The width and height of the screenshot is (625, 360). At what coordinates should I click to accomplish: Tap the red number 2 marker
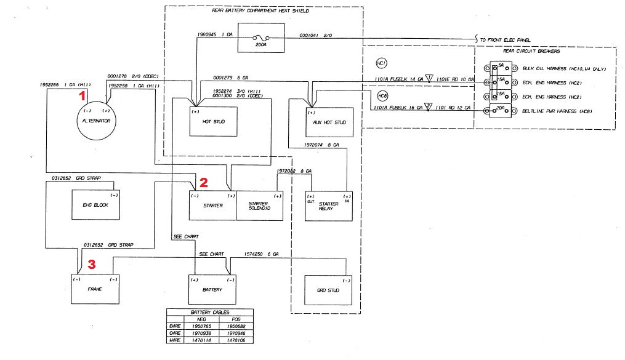tap(203, 182)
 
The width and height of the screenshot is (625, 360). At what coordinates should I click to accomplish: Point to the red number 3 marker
tap(91, 265)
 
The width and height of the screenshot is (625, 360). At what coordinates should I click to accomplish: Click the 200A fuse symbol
tap(260, 39)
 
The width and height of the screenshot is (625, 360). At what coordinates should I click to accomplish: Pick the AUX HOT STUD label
tap(329, 122)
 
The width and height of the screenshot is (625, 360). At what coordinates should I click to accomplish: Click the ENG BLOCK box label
tap(95, 205)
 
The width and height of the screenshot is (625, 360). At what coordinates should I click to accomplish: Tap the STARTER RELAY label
tap(329, 206)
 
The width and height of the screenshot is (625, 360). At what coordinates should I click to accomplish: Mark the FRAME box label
tap(94, 289)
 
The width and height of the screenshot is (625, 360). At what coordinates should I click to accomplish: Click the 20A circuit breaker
tap(500, 110)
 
